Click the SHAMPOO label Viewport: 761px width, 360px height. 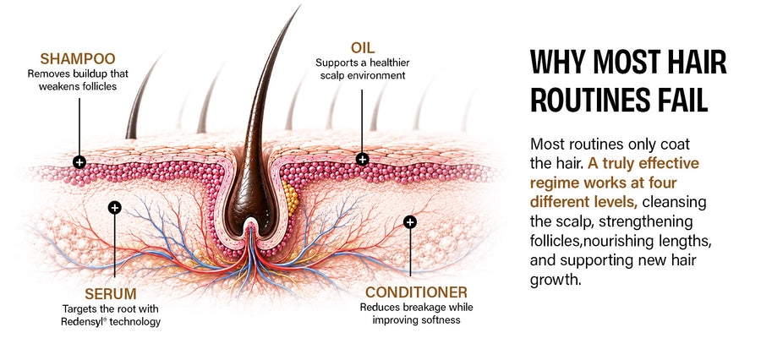[x=78, y=58]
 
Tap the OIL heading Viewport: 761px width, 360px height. [x=362, y=48]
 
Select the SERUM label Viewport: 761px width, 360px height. [x=111, y=293]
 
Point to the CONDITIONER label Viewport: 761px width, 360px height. [x=416, y=292]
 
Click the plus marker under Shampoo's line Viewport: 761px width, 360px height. [x=79, y=162]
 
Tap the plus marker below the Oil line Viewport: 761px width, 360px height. [x=362, y=159]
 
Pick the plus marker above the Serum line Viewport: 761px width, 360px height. [x=114, y=208]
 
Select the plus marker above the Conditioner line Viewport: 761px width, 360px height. [x=410, y=222]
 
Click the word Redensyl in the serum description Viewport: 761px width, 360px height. [x=80, y=322]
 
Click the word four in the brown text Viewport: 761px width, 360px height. [x=663, y=183]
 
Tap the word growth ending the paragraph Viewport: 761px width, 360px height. [x=556, y=281]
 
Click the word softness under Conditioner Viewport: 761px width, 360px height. [x=441, y=319]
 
